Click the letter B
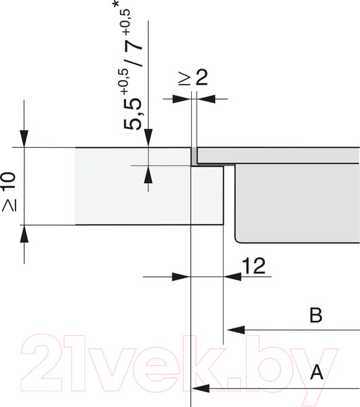(315, 315)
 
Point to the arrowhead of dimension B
(235, 330)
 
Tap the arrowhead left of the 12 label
(182, 277)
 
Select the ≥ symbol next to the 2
(183, 79)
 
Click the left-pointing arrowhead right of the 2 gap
(205, 99)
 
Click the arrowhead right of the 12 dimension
(233, 277)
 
